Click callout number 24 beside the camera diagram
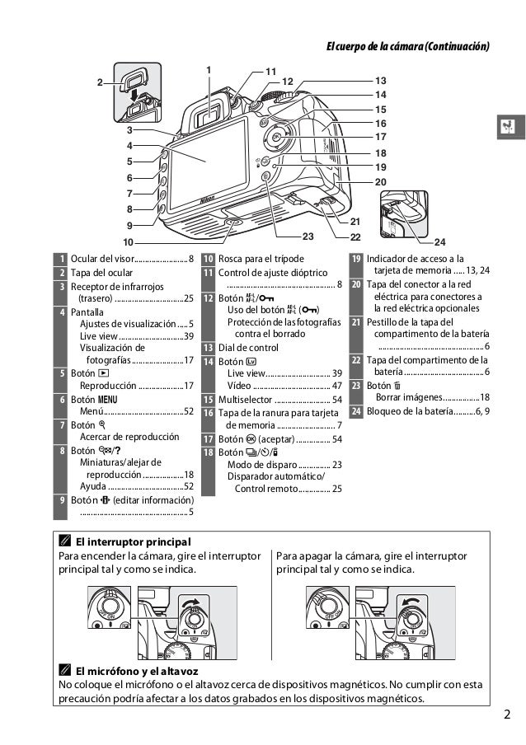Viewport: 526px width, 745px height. click(x=439, y=242)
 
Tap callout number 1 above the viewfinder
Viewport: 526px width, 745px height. click(x=209, y=68)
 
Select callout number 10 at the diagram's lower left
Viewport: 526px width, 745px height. click(x=128, y=242)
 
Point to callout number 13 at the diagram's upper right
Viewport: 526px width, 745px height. click(x=380, y=81)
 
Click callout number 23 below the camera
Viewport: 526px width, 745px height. click(x=308, y=237)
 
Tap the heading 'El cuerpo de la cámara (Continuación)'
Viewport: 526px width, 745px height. click(x=408, y=45)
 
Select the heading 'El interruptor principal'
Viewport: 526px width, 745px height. click(x=133, y=541)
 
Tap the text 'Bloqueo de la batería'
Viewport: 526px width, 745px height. click(x=406, y=410)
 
